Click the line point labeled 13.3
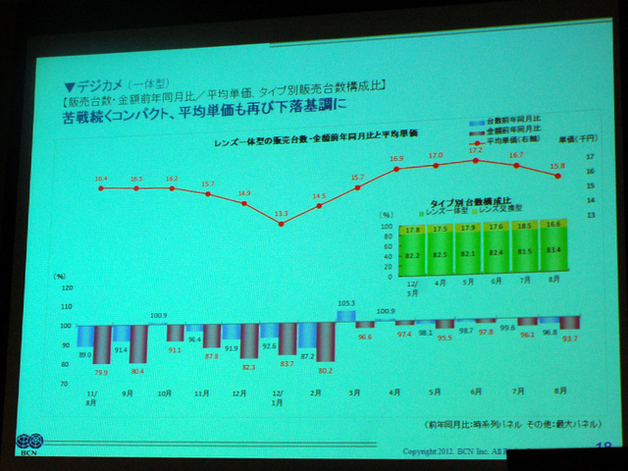pyautogui.click(x=281, y=224)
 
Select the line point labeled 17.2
pyautogui.click(x=476, y=160)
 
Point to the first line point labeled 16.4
pyautogui.click(x=101, y=187)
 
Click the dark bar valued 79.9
pyautogui.click(x=101, y=348)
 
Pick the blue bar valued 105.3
pyautogui.click(x=344, y=316)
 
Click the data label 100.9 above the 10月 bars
pyautogui.click(x=159, y=316)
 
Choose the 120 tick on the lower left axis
pyautogui.click(x=66, y=288)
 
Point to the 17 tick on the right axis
pyautogui.click(x=590, y=157)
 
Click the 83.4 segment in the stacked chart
pyautogui.click(x=555, y=250)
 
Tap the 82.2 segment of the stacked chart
pyautogui.click(x=413, y=254)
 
